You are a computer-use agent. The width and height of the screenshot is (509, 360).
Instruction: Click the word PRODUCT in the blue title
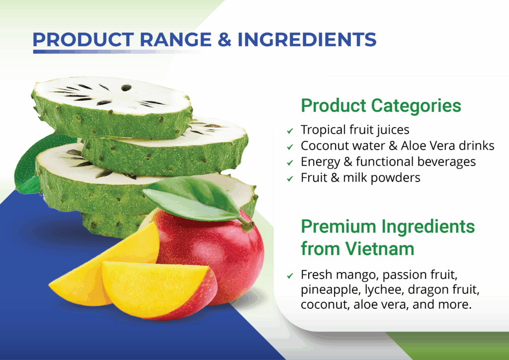coord(83,40)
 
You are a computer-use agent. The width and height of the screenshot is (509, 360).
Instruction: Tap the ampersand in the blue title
coord(225,40)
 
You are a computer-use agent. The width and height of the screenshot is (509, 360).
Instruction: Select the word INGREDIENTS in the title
coord(307,40)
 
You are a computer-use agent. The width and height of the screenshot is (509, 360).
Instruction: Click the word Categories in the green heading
coord(416,106)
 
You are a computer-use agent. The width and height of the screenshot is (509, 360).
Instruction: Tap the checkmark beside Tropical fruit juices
coord(290,131)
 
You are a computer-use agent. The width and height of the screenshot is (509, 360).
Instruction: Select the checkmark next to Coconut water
coord(290,147)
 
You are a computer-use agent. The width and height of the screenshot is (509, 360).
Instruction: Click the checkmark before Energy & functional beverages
coord(290,163)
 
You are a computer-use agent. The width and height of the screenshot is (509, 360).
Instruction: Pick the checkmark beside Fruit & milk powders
coord(290,179)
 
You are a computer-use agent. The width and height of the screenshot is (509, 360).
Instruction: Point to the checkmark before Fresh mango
coord(290,276)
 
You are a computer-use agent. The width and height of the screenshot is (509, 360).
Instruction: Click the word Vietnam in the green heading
coord(379,249)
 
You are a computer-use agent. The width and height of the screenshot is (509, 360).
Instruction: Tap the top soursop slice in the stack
coord(112,107)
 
